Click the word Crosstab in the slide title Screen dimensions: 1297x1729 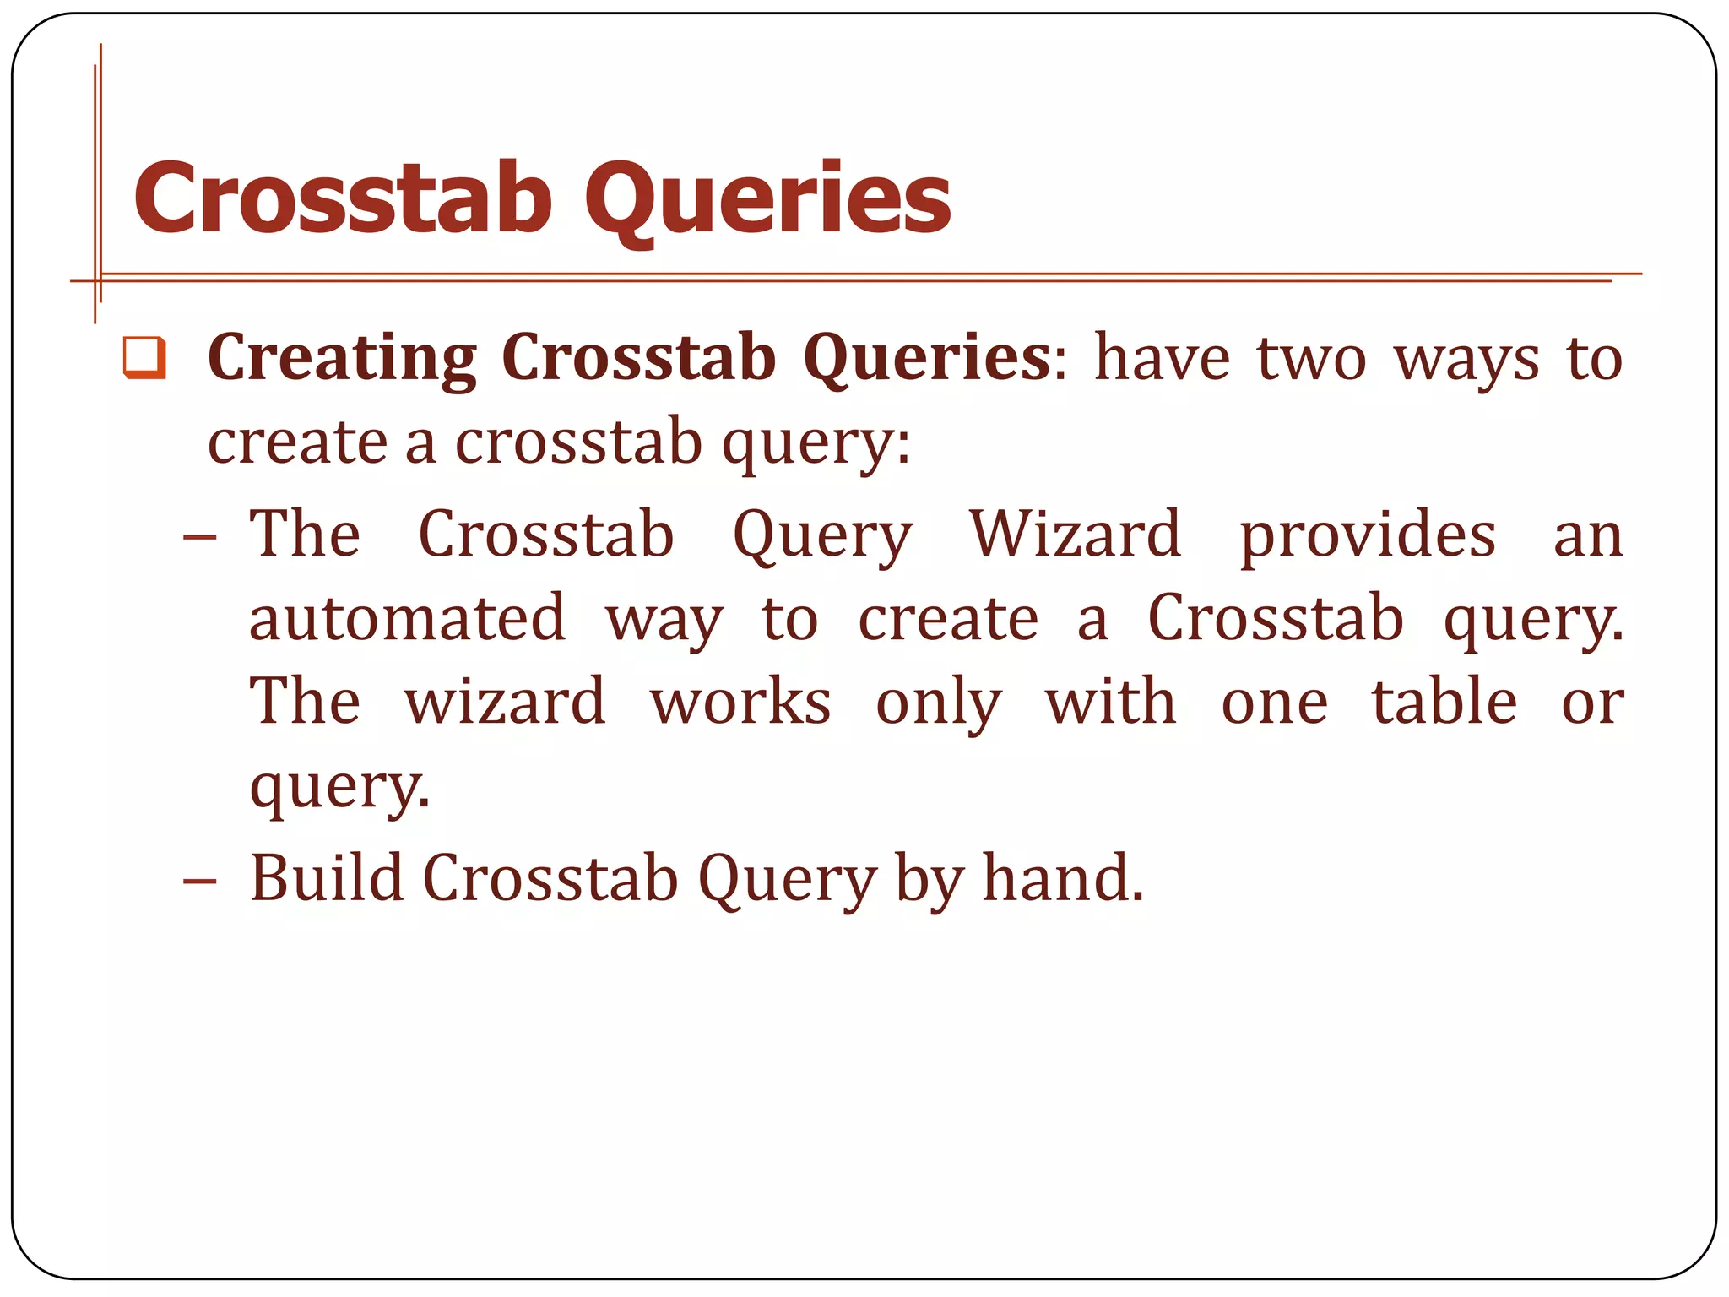click(342, 198)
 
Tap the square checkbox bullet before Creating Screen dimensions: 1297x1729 click(144, 357)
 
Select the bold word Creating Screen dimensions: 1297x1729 click(342, 359)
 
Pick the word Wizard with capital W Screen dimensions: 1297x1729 click(1075, 535)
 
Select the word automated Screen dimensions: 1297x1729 click(407, 618)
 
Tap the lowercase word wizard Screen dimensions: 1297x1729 click(505, 702)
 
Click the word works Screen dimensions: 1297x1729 click(740, 702)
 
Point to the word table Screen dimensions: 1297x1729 click(1444, 702)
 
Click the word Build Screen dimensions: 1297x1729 click(327, 878)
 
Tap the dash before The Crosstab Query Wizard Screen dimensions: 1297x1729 click(200, 537)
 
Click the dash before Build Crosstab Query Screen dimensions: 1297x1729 click(200, 882)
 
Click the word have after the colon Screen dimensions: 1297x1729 click(1162, 359)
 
